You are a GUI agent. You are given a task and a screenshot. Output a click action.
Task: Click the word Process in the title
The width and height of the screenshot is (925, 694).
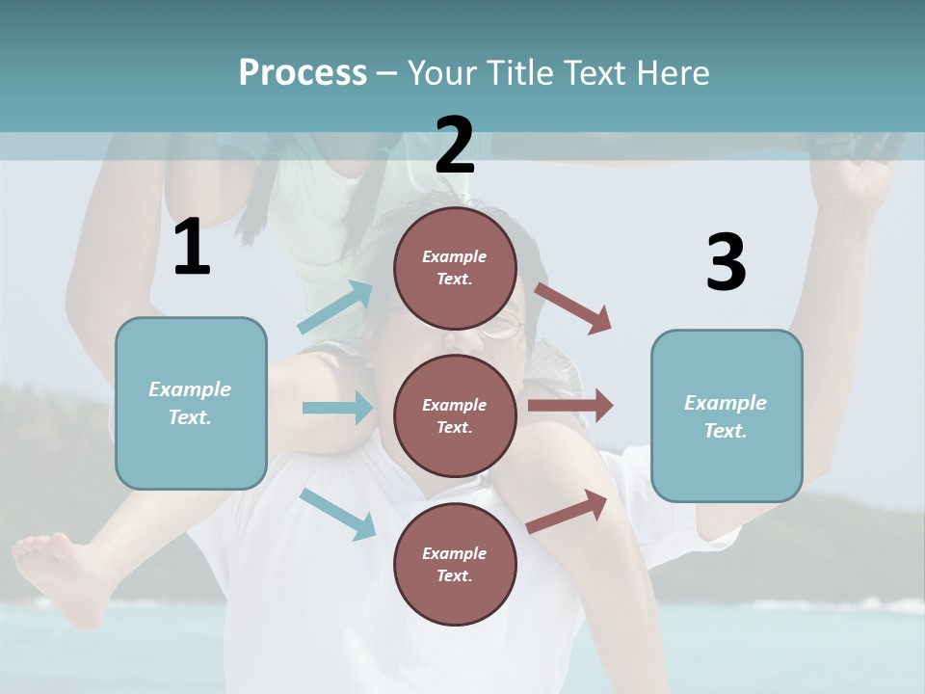303,73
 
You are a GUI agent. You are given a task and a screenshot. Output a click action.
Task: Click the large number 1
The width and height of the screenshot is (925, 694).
192,248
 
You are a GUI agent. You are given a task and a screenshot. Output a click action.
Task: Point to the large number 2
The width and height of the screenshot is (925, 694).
455,146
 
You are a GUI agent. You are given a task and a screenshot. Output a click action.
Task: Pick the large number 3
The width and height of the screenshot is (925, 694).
726,262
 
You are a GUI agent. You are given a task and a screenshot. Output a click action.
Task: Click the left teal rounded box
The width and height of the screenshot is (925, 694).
191,403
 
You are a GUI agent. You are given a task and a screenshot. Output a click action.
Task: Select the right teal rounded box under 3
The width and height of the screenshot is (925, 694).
727,415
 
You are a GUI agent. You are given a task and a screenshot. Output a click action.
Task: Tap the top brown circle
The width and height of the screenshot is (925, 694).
455,268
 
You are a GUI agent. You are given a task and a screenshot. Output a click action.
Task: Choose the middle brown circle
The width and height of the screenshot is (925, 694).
455,415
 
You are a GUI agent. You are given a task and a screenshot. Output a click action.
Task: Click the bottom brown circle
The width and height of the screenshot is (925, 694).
455,564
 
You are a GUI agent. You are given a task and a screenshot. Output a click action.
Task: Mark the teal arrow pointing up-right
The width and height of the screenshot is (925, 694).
335,307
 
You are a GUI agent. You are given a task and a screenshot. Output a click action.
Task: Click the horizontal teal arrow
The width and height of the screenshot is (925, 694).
337,408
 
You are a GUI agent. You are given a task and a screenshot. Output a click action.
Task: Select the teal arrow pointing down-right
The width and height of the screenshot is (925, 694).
338,514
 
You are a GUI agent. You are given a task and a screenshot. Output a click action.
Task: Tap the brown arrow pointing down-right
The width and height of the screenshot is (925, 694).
573,307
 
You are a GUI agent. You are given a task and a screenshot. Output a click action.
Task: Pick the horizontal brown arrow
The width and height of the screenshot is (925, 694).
570,405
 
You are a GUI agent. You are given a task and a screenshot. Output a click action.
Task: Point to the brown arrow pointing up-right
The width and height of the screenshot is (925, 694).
568,512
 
